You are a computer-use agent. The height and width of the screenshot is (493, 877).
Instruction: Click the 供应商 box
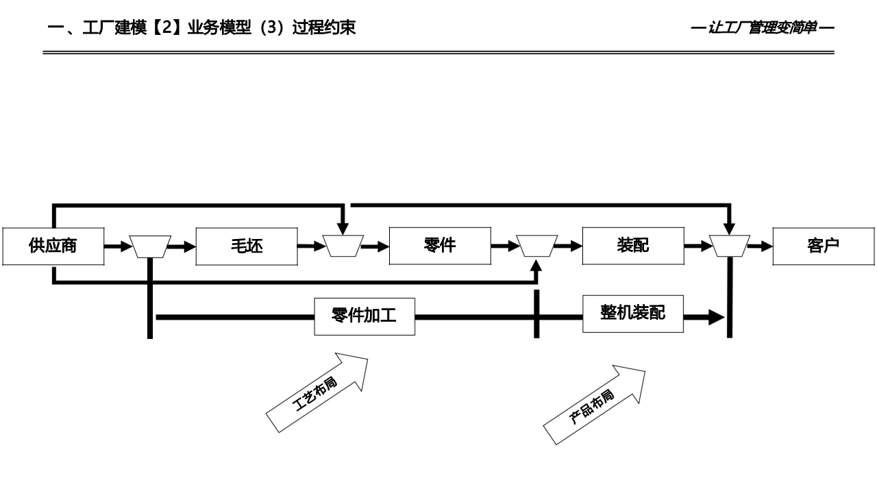coord(53,246)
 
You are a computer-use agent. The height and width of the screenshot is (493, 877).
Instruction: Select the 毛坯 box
coord(247,246)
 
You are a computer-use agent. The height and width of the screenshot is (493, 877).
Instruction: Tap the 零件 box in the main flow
coord(440,245)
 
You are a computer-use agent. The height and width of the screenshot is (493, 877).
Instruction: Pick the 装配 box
coord(633,245)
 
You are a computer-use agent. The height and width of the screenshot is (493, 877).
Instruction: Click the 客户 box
coord(824,246)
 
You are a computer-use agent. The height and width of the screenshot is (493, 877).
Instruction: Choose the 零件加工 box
coord(365,316)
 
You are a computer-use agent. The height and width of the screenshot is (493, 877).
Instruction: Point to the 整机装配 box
coord(633,314)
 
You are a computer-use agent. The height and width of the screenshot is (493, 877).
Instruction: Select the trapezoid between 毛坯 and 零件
coord(343,246)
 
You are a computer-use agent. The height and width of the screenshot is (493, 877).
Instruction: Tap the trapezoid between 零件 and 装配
coord(536,246)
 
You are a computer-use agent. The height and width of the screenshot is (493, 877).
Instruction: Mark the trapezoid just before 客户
coord(730,246)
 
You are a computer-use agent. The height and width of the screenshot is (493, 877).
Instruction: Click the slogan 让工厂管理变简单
coord(762,28)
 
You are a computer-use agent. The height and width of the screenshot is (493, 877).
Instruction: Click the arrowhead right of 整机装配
coord(717,317)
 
